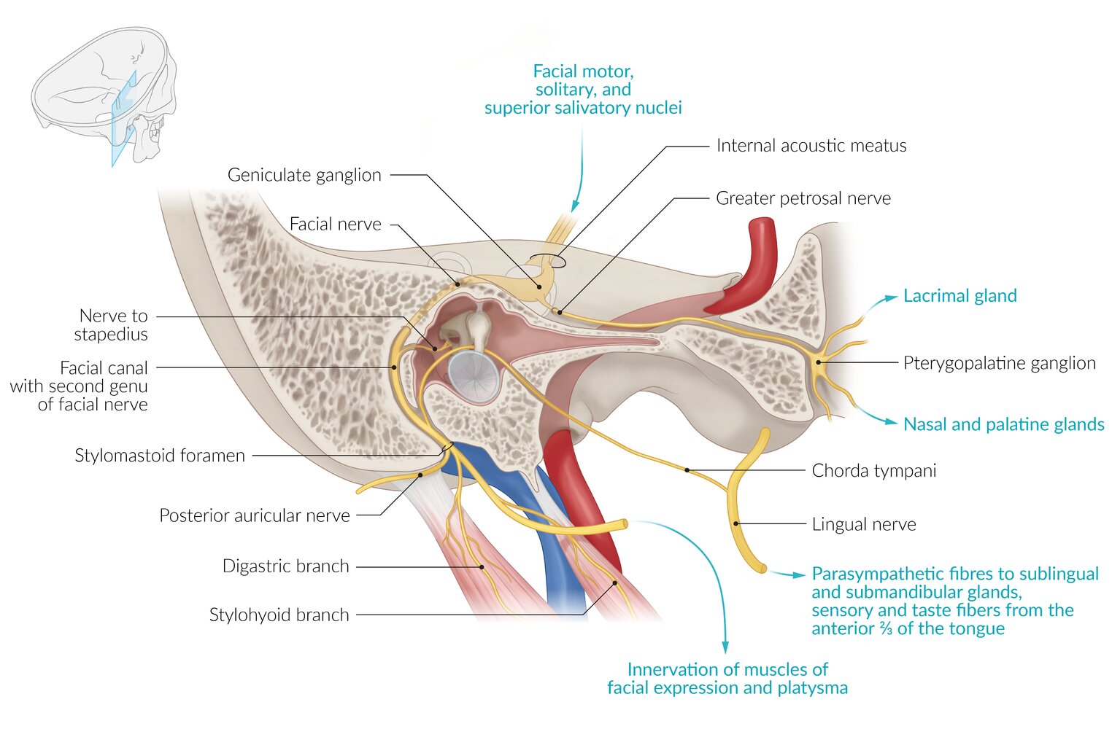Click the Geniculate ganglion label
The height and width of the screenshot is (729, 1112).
(304, 175)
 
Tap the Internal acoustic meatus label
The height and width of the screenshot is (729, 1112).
(811, 146)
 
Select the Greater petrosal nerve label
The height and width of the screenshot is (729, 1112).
(803, 198)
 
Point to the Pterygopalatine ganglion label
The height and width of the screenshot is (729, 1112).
(999, 363)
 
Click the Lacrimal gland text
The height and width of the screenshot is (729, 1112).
(960, 296)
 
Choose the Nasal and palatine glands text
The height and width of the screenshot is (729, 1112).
(1003, 424)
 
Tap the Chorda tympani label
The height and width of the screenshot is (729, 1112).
(873, 471)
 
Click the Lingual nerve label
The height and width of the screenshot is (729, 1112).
(863, 524)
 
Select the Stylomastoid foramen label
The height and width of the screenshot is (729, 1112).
(160, 456)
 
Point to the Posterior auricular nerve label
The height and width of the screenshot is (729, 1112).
(255, 515)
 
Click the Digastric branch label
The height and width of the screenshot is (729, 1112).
(285, 566)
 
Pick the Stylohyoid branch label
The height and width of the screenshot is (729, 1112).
(279, 615)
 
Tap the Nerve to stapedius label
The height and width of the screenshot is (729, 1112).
(112, 325)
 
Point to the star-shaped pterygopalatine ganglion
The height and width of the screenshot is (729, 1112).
(819, 362)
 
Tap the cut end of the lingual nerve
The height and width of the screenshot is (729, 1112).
(762, 567)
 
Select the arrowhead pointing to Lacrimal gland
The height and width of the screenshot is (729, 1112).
(891, 297)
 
